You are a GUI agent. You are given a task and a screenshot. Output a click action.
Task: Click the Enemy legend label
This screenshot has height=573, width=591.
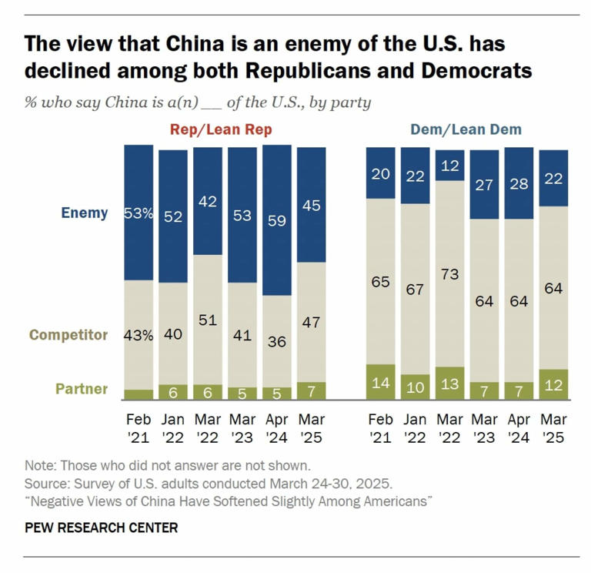pos(85,213)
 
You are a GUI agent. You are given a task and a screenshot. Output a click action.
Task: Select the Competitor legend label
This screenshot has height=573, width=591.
pos(68,335)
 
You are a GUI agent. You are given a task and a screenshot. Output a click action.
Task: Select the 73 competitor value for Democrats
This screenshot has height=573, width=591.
pos(450,274)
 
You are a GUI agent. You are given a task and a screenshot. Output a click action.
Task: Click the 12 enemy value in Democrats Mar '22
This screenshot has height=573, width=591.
pos(450,165)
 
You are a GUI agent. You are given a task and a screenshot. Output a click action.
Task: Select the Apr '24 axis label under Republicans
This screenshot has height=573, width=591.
pos(277,429)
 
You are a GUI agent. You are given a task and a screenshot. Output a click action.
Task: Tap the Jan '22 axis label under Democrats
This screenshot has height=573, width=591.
pos(416,429)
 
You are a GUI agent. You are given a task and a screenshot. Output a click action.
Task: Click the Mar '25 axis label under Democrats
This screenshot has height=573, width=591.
pos(553,429)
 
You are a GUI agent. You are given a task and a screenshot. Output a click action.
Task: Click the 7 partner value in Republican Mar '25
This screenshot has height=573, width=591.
pos(312,391)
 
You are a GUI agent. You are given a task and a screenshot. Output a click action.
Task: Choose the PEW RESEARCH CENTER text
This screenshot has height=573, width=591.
pos(102,528)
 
